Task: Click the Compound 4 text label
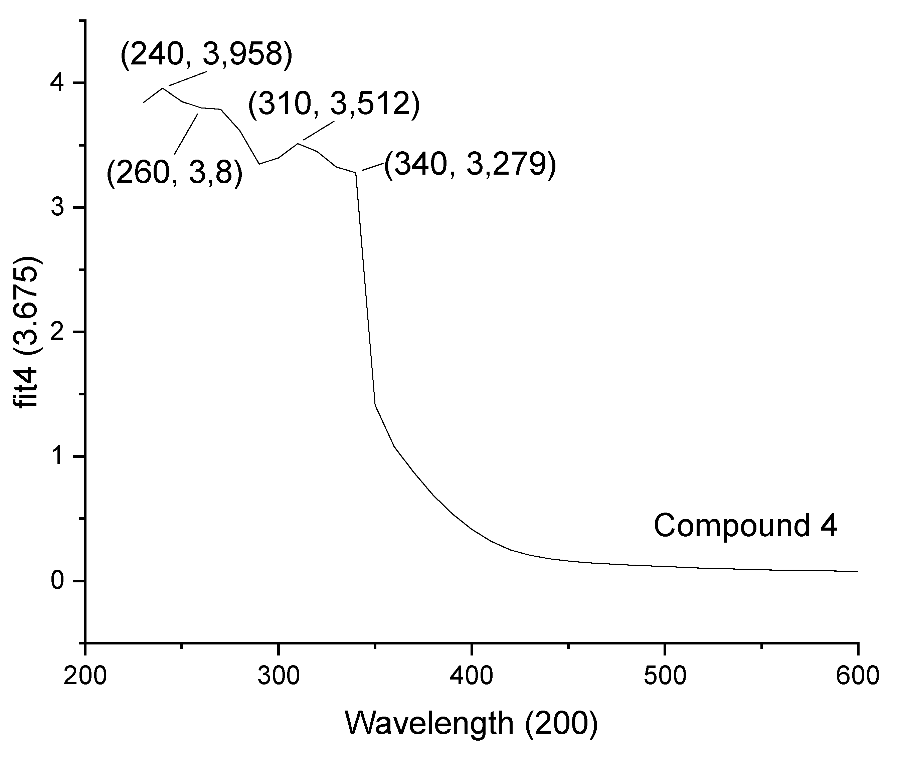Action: [x=745, y=526]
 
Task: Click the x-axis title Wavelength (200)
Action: [x=471, y=723]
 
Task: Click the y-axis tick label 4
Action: [x=57, y=83]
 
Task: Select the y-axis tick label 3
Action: [x=57, y=208]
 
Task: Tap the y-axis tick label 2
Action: [x=57, y=332]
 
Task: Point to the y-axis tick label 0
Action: [x=57, y=581]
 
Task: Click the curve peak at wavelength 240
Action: [x=162, y=88]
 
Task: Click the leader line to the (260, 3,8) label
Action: [x=186, y=134]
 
